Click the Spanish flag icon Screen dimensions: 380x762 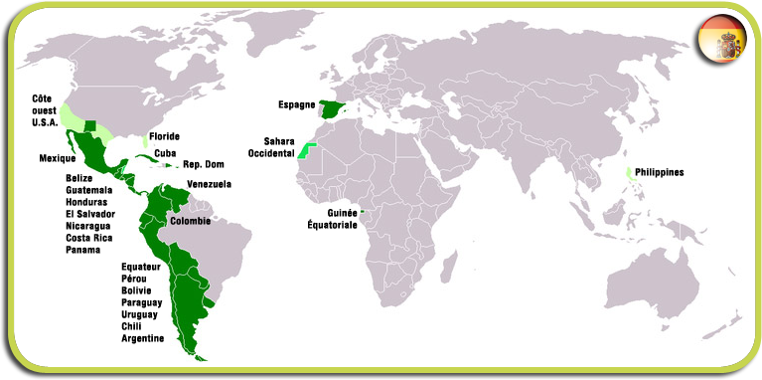point(721,43)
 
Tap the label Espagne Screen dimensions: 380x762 point(296,103)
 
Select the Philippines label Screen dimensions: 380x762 point(660,172)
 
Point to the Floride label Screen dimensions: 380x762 point(166,137)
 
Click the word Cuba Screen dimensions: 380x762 point(165,152)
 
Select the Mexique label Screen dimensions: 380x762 point(58,158)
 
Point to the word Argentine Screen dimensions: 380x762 point(143,338)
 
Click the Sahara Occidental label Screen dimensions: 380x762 point(279,147)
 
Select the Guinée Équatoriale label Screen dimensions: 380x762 point(333,218)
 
